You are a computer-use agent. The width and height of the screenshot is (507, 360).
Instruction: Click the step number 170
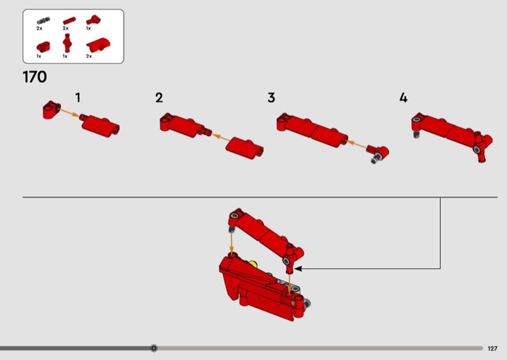click(x=35, y=77)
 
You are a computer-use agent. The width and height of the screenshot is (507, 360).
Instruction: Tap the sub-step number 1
click(x=78, y=98)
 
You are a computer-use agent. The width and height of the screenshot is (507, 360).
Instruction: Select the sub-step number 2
click(x=159, y=98)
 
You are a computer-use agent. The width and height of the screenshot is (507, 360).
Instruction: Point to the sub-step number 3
click(x=271, y=98)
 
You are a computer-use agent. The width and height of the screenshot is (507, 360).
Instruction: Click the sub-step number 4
click(x=403, y=98)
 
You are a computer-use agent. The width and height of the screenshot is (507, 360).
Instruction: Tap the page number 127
click(x=492, y=349)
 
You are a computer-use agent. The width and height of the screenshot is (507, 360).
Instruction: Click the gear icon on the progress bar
click(x=154, y=348)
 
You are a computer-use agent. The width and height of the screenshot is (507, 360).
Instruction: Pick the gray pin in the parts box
click(x=43, y=21)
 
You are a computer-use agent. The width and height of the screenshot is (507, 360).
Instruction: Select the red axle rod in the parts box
click(x=69, y=21)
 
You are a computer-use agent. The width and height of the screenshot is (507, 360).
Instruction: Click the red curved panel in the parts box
click(x=98, y=44)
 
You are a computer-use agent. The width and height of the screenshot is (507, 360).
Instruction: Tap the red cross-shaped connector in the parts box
click(x=67, y=43)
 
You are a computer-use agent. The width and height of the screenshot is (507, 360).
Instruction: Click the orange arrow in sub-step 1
click(x=69, y=113)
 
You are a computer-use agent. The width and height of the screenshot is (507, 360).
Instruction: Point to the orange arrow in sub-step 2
click(x=221, y=138)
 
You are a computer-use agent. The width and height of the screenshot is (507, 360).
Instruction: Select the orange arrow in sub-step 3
click(x=357, y=145)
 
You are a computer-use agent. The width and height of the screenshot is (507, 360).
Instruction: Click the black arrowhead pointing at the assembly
click(x=298, y=269)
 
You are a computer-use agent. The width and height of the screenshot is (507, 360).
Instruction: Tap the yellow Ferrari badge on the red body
click(x=292, y=304)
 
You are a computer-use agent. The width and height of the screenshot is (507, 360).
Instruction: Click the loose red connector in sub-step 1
click(x=51, y=110)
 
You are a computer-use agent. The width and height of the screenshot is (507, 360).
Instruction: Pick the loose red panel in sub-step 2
click(x=245, y=148)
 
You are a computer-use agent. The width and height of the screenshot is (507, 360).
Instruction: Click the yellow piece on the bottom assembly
click(x=253, y=264)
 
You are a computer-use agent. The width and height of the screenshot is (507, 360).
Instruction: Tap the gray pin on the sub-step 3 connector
click(x=376, y=159)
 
